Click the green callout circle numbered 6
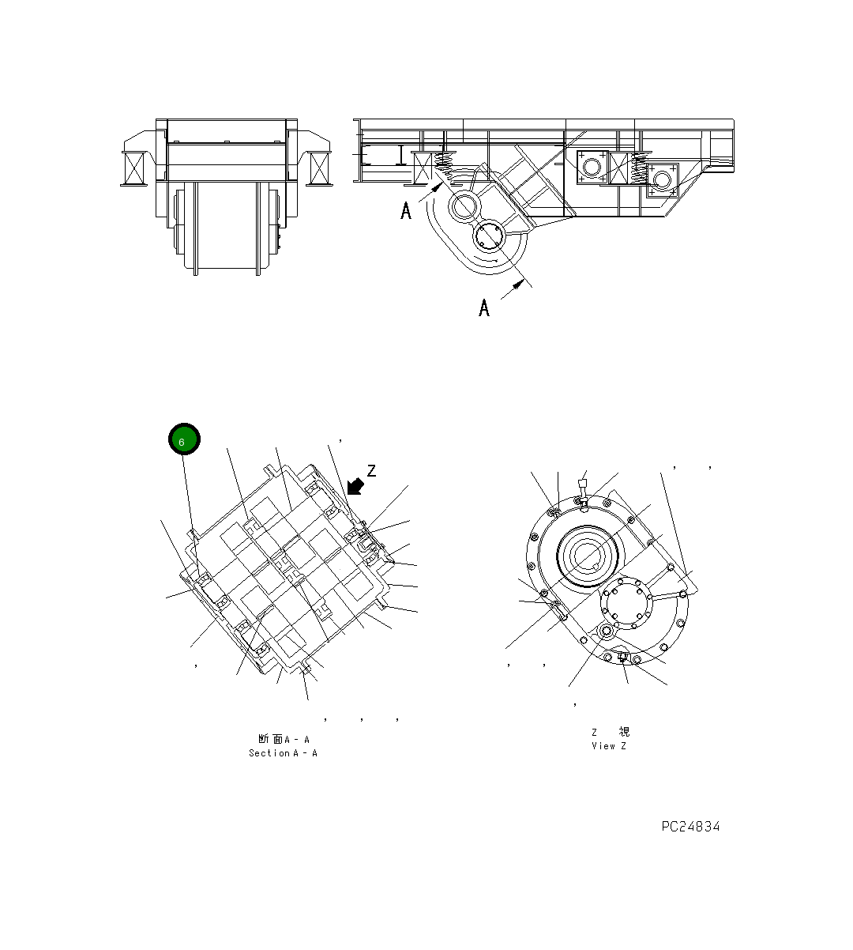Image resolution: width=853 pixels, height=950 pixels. click(x=184, y=439)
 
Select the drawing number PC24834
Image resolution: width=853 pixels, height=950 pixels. click(x=690, y=827)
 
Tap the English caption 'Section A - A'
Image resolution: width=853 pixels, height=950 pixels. click(x=283, y=753)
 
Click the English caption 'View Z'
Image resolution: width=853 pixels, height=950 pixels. click(x=608, y=746)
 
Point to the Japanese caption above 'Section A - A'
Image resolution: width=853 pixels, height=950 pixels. click(x=283, y=739)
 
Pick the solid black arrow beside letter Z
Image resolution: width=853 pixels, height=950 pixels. click(x=355, y=486)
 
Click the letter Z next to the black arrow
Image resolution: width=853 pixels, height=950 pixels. click(x=371, y=471)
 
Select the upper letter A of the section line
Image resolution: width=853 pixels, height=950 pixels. click(x=406, y=211)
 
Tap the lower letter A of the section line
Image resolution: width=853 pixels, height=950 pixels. click(x=484, y=307)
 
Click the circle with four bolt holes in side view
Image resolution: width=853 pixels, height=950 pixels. click(x=490, y=236)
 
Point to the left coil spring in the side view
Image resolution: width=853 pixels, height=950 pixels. click(x=445, y=168)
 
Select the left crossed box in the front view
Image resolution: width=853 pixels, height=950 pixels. click(x=133, y=168)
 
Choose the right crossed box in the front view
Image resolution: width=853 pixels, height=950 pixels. click(x=320, y=168)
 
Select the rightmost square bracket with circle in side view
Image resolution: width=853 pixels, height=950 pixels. click(x=662, y=180)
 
